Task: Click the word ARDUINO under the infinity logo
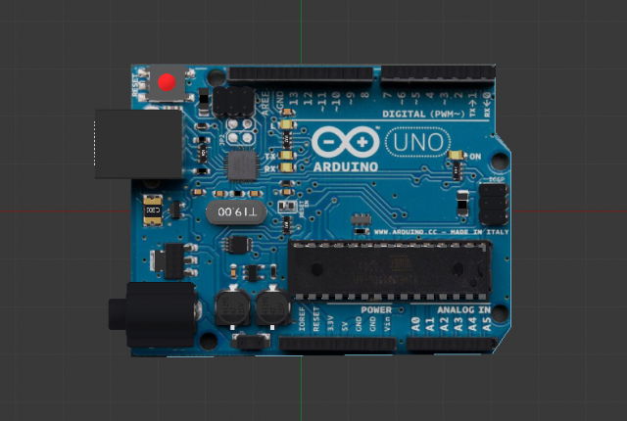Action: (x=347, y=166)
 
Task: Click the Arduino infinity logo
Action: (x=346, y=141)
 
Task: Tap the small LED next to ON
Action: (x=455, y=156)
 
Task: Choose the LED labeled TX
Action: (x=285, y=156)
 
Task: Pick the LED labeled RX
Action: (x=285, y=169)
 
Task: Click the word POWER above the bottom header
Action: (x=375, y=310)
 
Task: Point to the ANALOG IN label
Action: (x=463, y=310)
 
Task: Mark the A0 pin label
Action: (x=414, y=323)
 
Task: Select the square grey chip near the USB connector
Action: (x=241, y=164)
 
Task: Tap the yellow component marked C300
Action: (x=153, y=210)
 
